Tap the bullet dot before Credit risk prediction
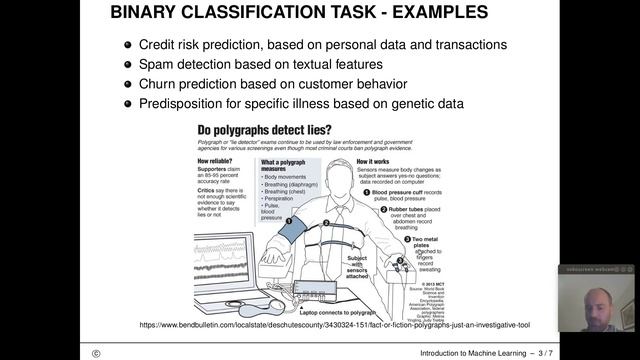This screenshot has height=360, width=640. click(x=127, y=45)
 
